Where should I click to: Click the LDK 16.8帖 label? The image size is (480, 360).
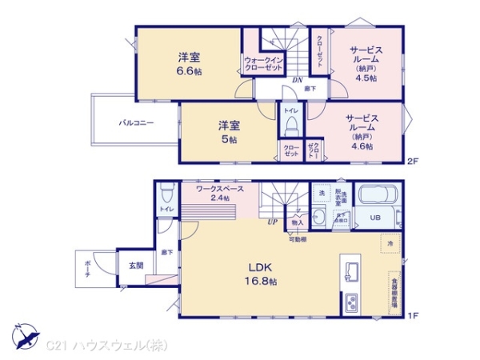[262, 274]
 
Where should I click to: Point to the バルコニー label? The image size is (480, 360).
[136, 123]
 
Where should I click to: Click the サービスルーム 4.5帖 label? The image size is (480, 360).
[365, 62]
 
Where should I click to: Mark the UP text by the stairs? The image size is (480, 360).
[273, 222]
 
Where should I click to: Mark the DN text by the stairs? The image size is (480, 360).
[295, 79]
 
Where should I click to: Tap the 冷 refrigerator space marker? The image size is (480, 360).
[390, 242]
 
